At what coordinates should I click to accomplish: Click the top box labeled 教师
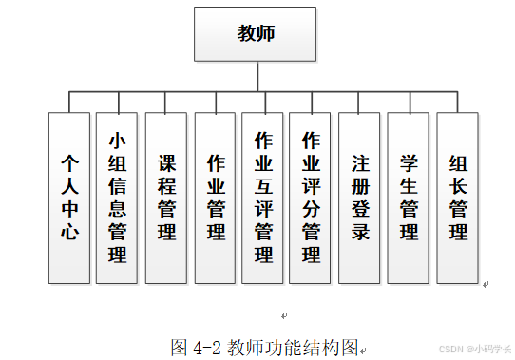(x=256, y=35)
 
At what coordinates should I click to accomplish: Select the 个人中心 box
(x=68, y=197)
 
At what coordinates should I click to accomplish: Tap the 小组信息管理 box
(x=118, y=197)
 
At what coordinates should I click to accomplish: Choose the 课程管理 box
(x=167, y=197)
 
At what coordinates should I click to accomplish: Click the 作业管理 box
(x=216, y=197)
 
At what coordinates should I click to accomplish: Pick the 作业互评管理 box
(x=264, y=197)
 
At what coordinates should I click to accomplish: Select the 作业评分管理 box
(x=311, y=197)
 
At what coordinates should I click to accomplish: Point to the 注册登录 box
(x=360, y=197)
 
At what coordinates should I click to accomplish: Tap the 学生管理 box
(x=410, y=197)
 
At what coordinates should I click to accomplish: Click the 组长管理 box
(x=458, y=197)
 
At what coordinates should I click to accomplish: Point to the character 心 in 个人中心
(x=68, y=233)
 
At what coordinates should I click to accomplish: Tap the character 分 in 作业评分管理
(x=311, y=209)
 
